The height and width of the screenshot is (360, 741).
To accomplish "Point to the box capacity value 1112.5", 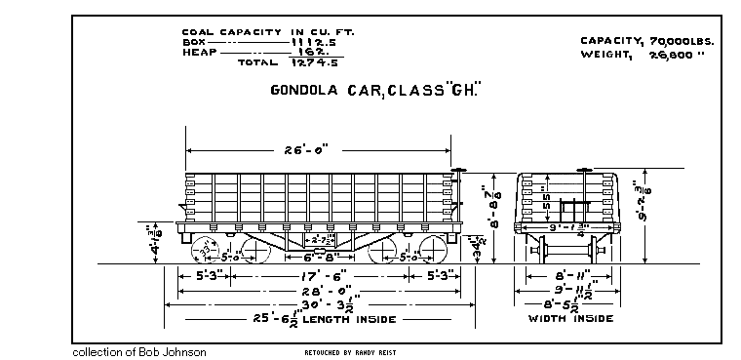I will coord(312,42).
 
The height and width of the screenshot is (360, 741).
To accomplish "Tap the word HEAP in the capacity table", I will coord(198,52).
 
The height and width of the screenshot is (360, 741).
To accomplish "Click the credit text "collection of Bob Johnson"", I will coord(139,350).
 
